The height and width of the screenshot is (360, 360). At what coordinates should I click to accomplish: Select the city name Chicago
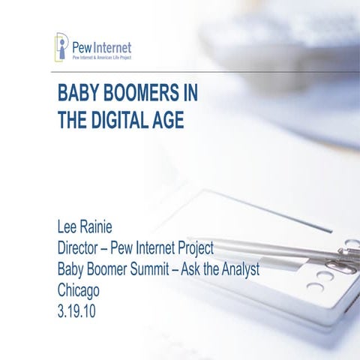(x=78, y=289)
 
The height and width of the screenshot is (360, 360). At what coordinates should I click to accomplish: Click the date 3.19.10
(x=76, y=310)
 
